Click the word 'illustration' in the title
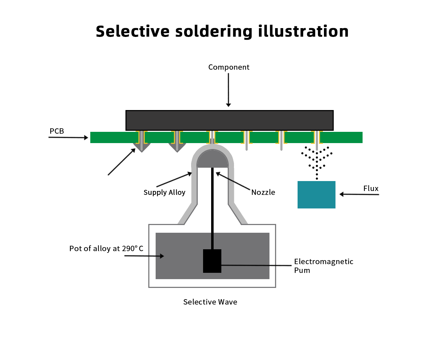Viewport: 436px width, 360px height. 303,31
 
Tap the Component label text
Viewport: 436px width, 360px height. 229,67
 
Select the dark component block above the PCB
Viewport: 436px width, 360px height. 229,120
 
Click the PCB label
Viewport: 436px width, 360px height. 57,131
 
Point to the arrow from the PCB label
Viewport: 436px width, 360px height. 68,137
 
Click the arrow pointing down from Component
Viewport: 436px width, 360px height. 228,90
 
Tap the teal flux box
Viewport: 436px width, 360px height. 316,195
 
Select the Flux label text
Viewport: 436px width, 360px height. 371,188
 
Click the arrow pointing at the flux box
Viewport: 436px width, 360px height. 359,194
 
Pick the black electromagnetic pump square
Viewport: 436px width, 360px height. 212,261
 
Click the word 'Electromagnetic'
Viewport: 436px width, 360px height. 324,262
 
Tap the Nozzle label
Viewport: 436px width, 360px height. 263,192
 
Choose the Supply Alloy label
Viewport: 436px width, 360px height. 164,192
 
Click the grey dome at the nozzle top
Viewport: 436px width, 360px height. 213,159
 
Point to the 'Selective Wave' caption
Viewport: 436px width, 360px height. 210,302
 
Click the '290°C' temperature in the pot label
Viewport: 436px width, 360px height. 132,249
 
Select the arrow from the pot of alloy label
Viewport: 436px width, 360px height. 144,256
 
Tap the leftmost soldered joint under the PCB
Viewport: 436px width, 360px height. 142,146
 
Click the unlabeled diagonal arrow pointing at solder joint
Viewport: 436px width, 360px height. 122,162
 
